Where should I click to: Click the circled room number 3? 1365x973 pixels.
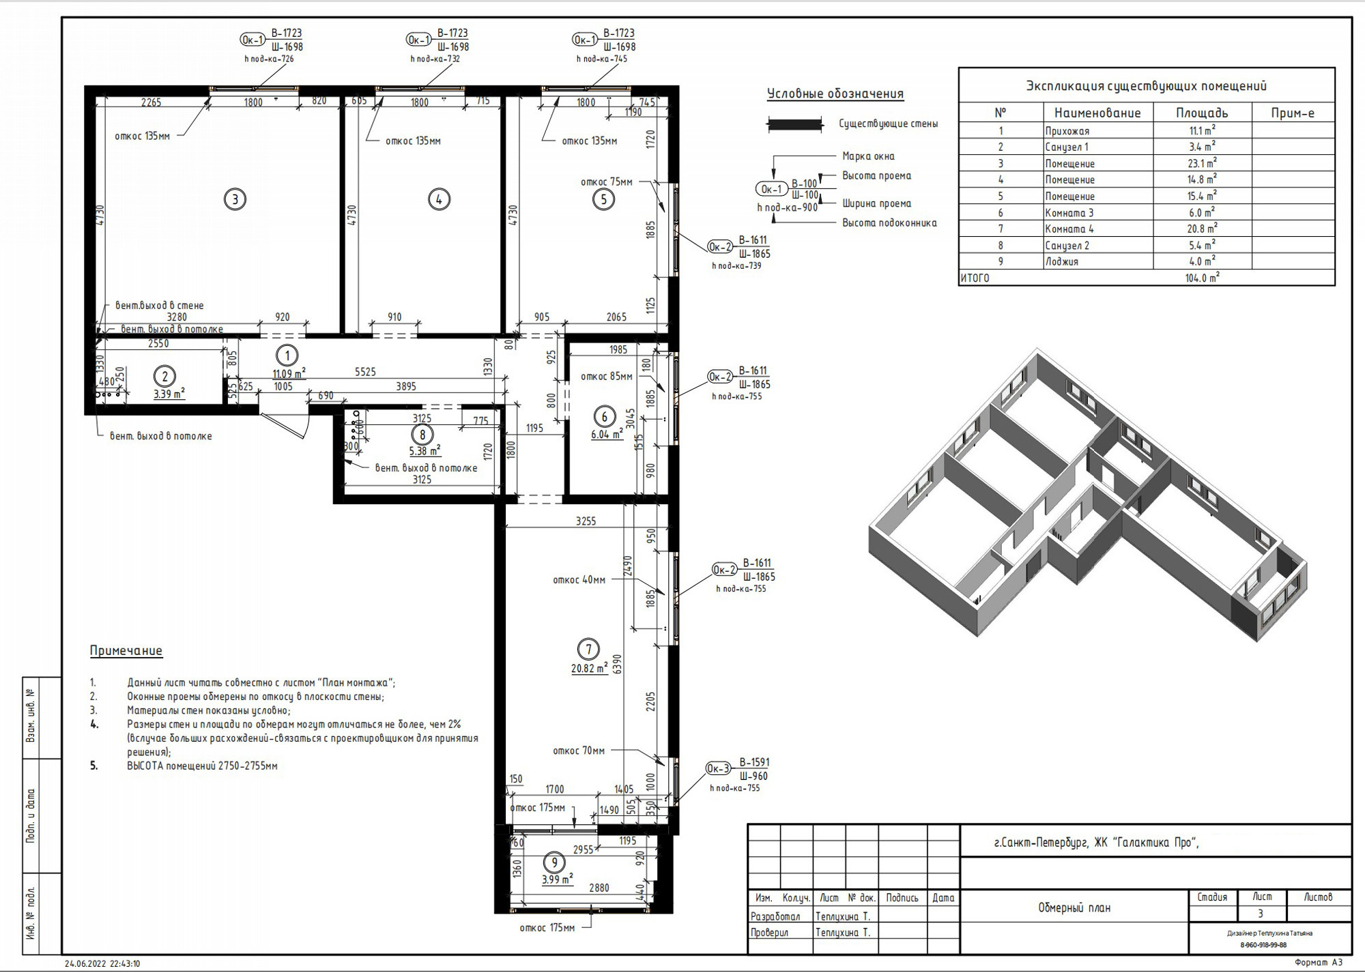pos(235,199)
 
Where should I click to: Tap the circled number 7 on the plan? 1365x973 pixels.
pos(588,649)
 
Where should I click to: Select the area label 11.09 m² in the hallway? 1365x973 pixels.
pos(289,374)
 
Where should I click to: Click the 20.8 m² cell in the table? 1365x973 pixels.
pos(1201,229)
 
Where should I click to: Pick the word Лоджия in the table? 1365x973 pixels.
pos(1061,262)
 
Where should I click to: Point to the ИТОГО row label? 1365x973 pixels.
pos(975,278)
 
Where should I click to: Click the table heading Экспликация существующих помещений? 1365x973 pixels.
pos(1146,86)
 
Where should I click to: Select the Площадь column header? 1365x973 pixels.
pos(1201,113)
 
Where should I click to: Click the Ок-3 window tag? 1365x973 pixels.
pos(717,769)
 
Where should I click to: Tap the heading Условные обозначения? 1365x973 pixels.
pos(835,94)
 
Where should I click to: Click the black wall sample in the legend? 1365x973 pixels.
pos(794,124)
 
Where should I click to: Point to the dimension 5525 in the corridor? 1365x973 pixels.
pos(365,372)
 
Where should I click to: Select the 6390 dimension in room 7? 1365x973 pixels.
pos(617,664)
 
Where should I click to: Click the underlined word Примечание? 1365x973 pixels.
pos(126,651)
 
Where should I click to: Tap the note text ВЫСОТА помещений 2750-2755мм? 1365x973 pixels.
pos(202,766)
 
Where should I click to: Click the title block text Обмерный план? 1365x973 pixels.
pos(1074,908)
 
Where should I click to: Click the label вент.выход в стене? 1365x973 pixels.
pos(159,306)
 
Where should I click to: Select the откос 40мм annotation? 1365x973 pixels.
pos(579,581)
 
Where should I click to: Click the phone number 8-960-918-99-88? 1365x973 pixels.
pos(1263,946)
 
